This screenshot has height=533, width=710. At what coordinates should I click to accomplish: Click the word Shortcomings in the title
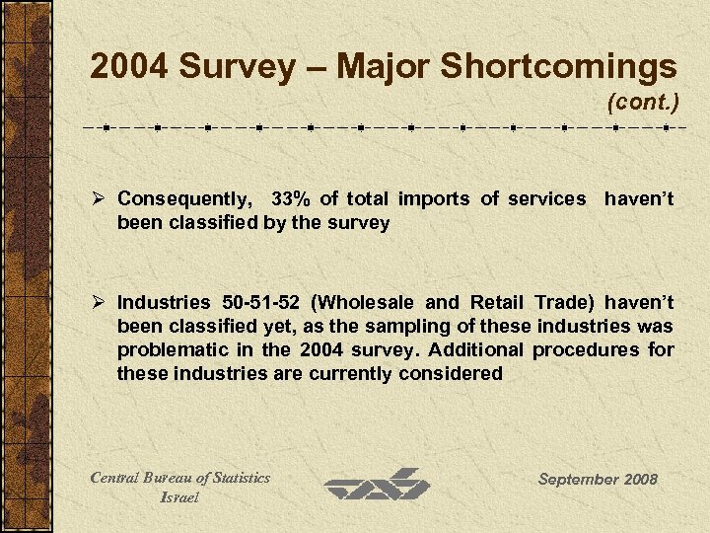[558, 67]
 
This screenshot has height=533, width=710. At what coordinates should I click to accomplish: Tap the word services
[546, 199]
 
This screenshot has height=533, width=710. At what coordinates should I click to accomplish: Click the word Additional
[485, 350]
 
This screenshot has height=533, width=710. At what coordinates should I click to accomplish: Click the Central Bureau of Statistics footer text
[179, 478]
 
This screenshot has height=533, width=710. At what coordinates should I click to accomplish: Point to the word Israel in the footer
[179, 497]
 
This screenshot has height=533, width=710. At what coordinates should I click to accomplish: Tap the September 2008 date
[597, 480]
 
